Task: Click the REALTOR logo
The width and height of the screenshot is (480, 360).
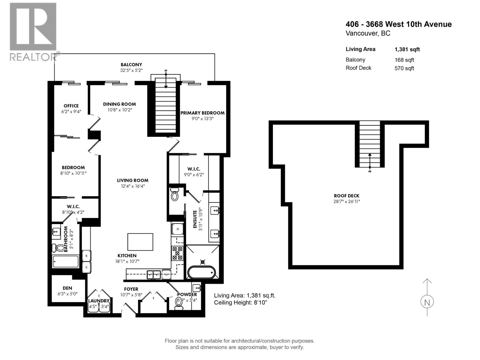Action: click(x=33, y=31)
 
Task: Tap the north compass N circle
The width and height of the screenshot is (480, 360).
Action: click(x=427, y=302)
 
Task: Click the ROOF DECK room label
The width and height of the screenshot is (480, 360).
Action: click(x=346, y=196)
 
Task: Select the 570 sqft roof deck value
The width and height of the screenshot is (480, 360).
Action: click(x=404, y=68)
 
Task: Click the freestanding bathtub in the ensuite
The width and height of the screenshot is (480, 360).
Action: click(x=202, y=272)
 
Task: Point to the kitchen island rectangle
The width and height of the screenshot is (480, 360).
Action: click(x=140, y=242)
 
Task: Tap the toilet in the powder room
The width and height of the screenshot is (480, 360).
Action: click(x=179, y=303)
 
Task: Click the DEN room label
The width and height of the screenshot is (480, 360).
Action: click(x=67, y=288)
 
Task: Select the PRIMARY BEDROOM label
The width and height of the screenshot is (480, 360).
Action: click(x=202, y=113)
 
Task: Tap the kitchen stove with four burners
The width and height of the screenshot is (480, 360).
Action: click(x=177, y=253)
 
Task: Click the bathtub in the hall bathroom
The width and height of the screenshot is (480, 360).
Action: click(x=66, y=262)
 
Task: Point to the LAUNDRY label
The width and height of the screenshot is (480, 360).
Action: click(x=99, y=301)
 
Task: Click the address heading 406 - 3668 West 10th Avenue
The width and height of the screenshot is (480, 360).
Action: click(x=398, y=24)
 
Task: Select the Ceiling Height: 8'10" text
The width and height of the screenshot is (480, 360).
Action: click(x=240, y=302)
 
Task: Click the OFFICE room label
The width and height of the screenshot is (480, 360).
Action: click(x=71, y=106)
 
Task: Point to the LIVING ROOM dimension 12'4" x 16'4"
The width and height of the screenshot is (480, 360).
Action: click(x=133, y=186)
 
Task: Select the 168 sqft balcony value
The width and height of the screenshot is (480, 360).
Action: click(x=404, y=60)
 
